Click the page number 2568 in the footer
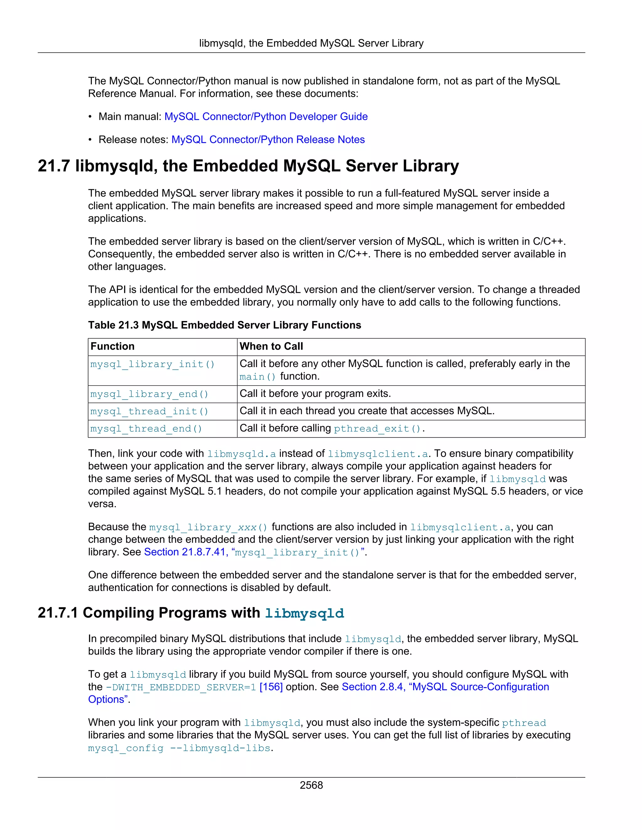tap(311, 785)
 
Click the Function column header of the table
tap(113, 346)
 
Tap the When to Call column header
tap(271, 346)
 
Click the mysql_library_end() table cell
tap(150, 394)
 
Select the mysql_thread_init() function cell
tap(150, 411)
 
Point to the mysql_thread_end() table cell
tap(146, 429)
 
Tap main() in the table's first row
tap(257, 376)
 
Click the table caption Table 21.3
tap(224, 325)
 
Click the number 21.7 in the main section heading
tap(54, 166)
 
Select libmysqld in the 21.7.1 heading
tap(304, 613)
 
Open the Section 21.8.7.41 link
tap(186, 552)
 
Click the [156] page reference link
tap(271, 687)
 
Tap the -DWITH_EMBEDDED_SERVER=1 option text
tap(181, 687)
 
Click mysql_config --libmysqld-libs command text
tap(179, 748)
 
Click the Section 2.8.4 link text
tap(372, 687)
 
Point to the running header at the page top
tap(311, 43)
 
